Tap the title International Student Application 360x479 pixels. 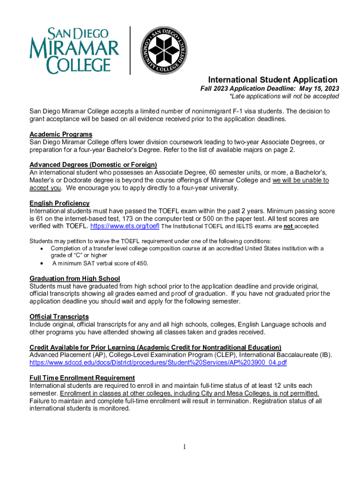[x=273, y=80]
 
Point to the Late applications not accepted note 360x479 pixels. [x=284, y=96]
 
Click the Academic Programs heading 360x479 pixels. [x=61, y=135]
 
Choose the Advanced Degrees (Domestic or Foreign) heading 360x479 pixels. [x=93, y=165]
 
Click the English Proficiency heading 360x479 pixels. [x=59, y=203]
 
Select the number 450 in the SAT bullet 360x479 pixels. [x=141, y=263]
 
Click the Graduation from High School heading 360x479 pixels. [x=75, y=279]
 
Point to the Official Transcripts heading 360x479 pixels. [x=59, y=317]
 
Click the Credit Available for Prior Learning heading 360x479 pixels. [x=155, y=347]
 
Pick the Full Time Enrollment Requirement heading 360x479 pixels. [x=82, y=377]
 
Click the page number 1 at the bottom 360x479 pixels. [x=185, y=447]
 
